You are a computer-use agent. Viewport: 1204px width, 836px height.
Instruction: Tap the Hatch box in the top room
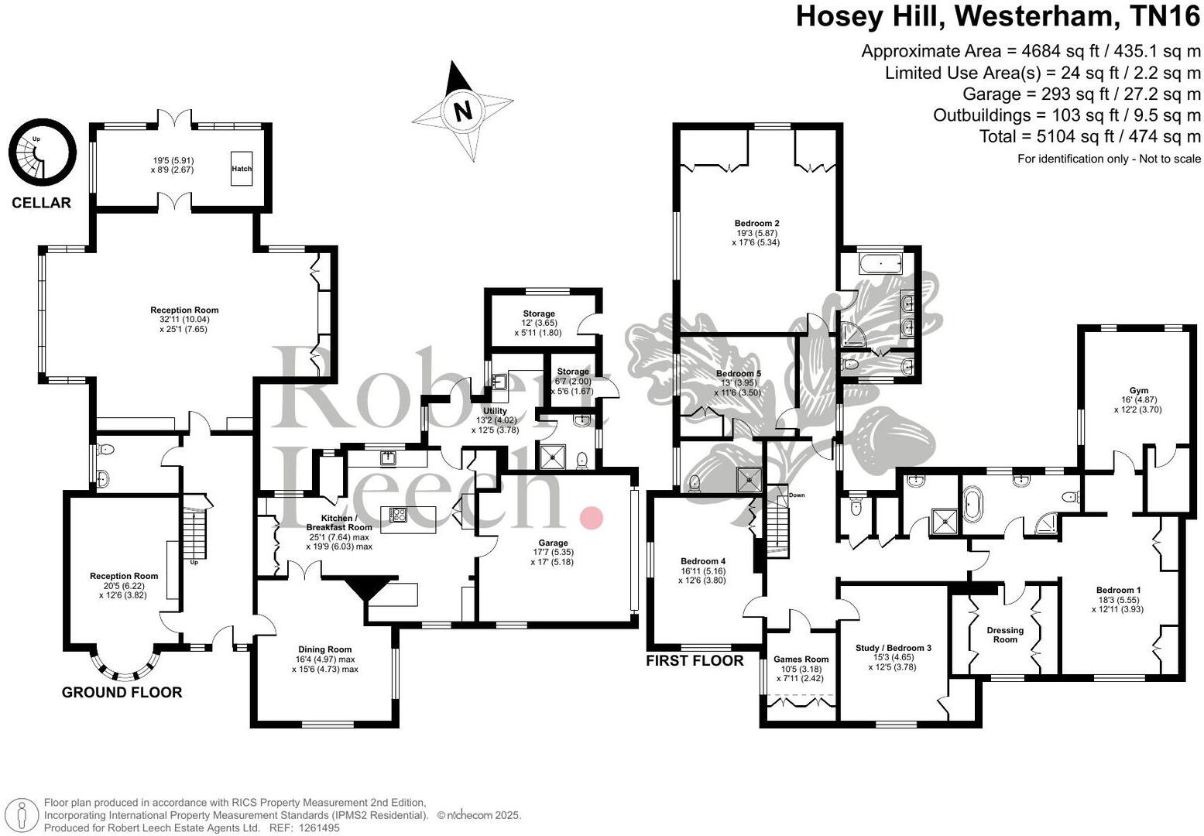pos(242,168)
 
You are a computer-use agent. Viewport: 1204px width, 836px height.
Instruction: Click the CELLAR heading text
pos(41,203)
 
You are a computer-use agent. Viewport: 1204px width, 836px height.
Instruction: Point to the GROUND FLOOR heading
pos(122,692)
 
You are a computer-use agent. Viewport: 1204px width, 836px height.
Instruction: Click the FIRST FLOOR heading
pos(695,660)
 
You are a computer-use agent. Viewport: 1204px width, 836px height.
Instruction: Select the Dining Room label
pos(324,649)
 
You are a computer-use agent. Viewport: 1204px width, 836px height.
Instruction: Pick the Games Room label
pos(801,660)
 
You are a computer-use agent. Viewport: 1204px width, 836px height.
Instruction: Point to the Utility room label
pos(495,411)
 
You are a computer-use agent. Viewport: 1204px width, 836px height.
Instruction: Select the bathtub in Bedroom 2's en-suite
pos(878,266)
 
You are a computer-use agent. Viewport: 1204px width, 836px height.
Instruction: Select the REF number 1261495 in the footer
pos(315,827)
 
